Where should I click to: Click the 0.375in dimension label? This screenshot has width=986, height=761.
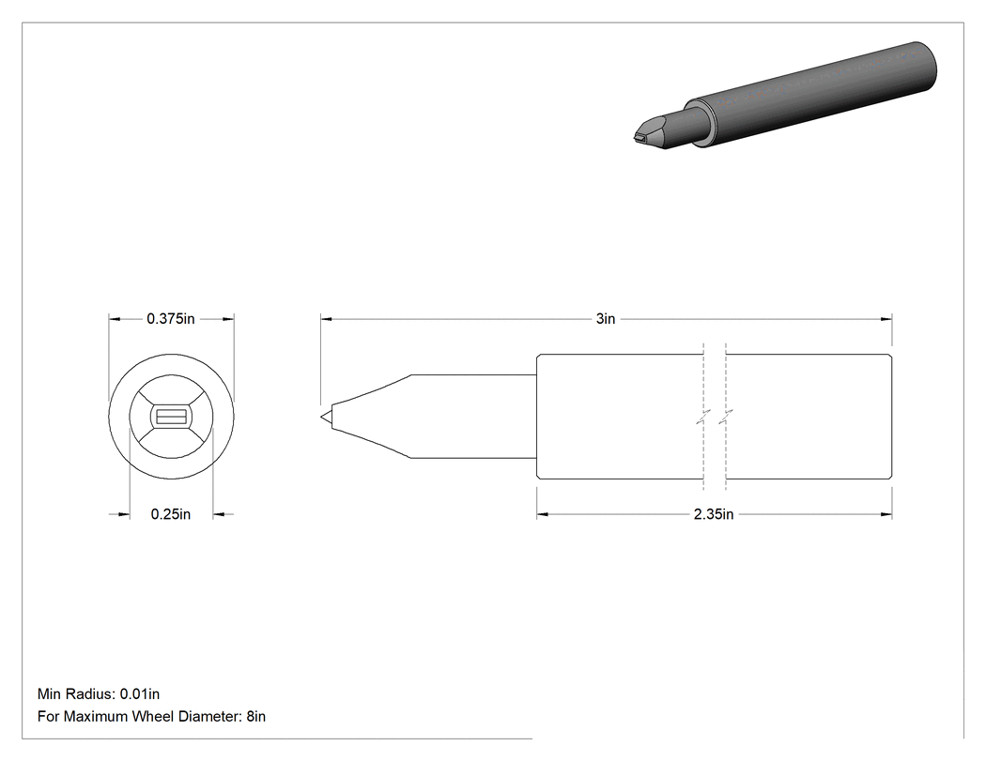tap(170, 319)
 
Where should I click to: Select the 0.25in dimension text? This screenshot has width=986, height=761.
tap(170, 514)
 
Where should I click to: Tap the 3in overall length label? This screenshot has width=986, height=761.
tap(606, 319)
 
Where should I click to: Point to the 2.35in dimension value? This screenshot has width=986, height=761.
tap(714, 514)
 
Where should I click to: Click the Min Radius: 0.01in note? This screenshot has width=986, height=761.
tap(99, 693)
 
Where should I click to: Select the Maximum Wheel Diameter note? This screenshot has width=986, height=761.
tap(151, 716)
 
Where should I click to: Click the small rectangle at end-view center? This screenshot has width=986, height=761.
tap(171, 417)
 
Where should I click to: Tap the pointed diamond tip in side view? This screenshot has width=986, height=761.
tap(327, 417)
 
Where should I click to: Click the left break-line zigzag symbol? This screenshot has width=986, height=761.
tap(703, 417)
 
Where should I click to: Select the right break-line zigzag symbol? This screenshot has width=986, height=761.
tap(726, 417)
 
